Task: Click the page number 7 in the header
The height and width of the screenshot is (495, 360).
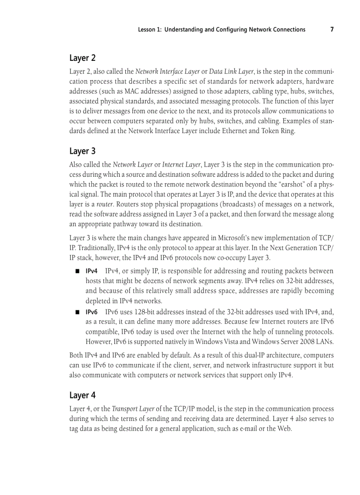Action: [x=332, y=30]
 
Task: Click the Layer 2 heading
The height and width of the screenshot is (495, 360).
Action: [x=82, y=58]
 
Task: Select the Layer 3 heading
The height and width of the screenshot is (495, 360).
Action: [x=82, y=151]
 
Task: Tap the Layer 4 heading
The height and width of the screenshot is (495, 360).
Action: [x=82, y=395]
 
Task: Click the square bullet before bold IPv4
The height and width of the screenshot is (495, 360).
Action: [x=77, y=271]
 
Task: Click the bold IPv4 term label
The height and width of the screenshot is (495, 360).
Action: [x=91, y=271]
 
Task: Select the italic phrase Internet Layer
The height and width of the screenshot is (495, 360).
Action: [x=181, y=165]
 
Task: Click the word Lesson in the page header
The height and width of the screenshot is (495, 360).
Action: [x=147, y=30]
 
